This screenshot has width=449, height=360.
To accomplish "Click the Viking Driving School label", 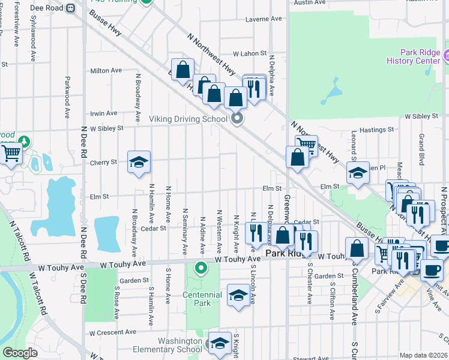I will pyautogui.click(x=189, y=119).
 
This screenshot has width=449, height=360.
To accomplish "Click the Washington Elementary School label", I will pyautogui.click(x=172, y=345).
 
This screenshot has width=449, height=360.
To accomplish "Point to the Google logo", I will pyautogui.click(x=20, y=353).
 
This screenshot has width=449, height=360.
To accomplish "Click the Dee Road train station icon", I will pyautogui.click(x=70, y=8).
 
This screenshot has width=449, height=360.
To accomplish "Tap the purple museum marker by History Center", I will pyautogui.click(x=446, y=57).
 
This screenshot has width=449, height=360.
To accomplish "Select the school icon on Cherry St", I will pyautogui.click(x=139, y=163).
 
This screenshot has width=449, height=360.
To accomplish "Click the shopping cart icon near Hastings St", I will pyautogui.click(x=306, y=145).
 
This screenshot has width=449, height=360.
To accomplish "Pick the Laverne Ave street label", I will pyautogui.click(x=264, y=19).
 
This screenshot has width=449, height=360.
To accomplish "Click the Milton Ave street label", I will pyautogui.click(x=106, y=71).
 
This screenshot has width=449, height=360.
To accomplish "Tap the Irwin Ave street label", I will pyautogui.click(x=103, y=113).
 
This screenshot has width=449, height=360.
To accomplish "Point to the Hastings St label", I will pyautogui.click(x=377, y=129).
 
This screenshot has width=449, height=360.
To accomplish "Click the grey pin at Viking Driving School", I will pyautogui.click(x=237, y=118).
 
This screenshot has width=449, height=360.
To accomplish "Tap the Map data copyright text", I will pyautogui.click(x=423, y=355).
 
